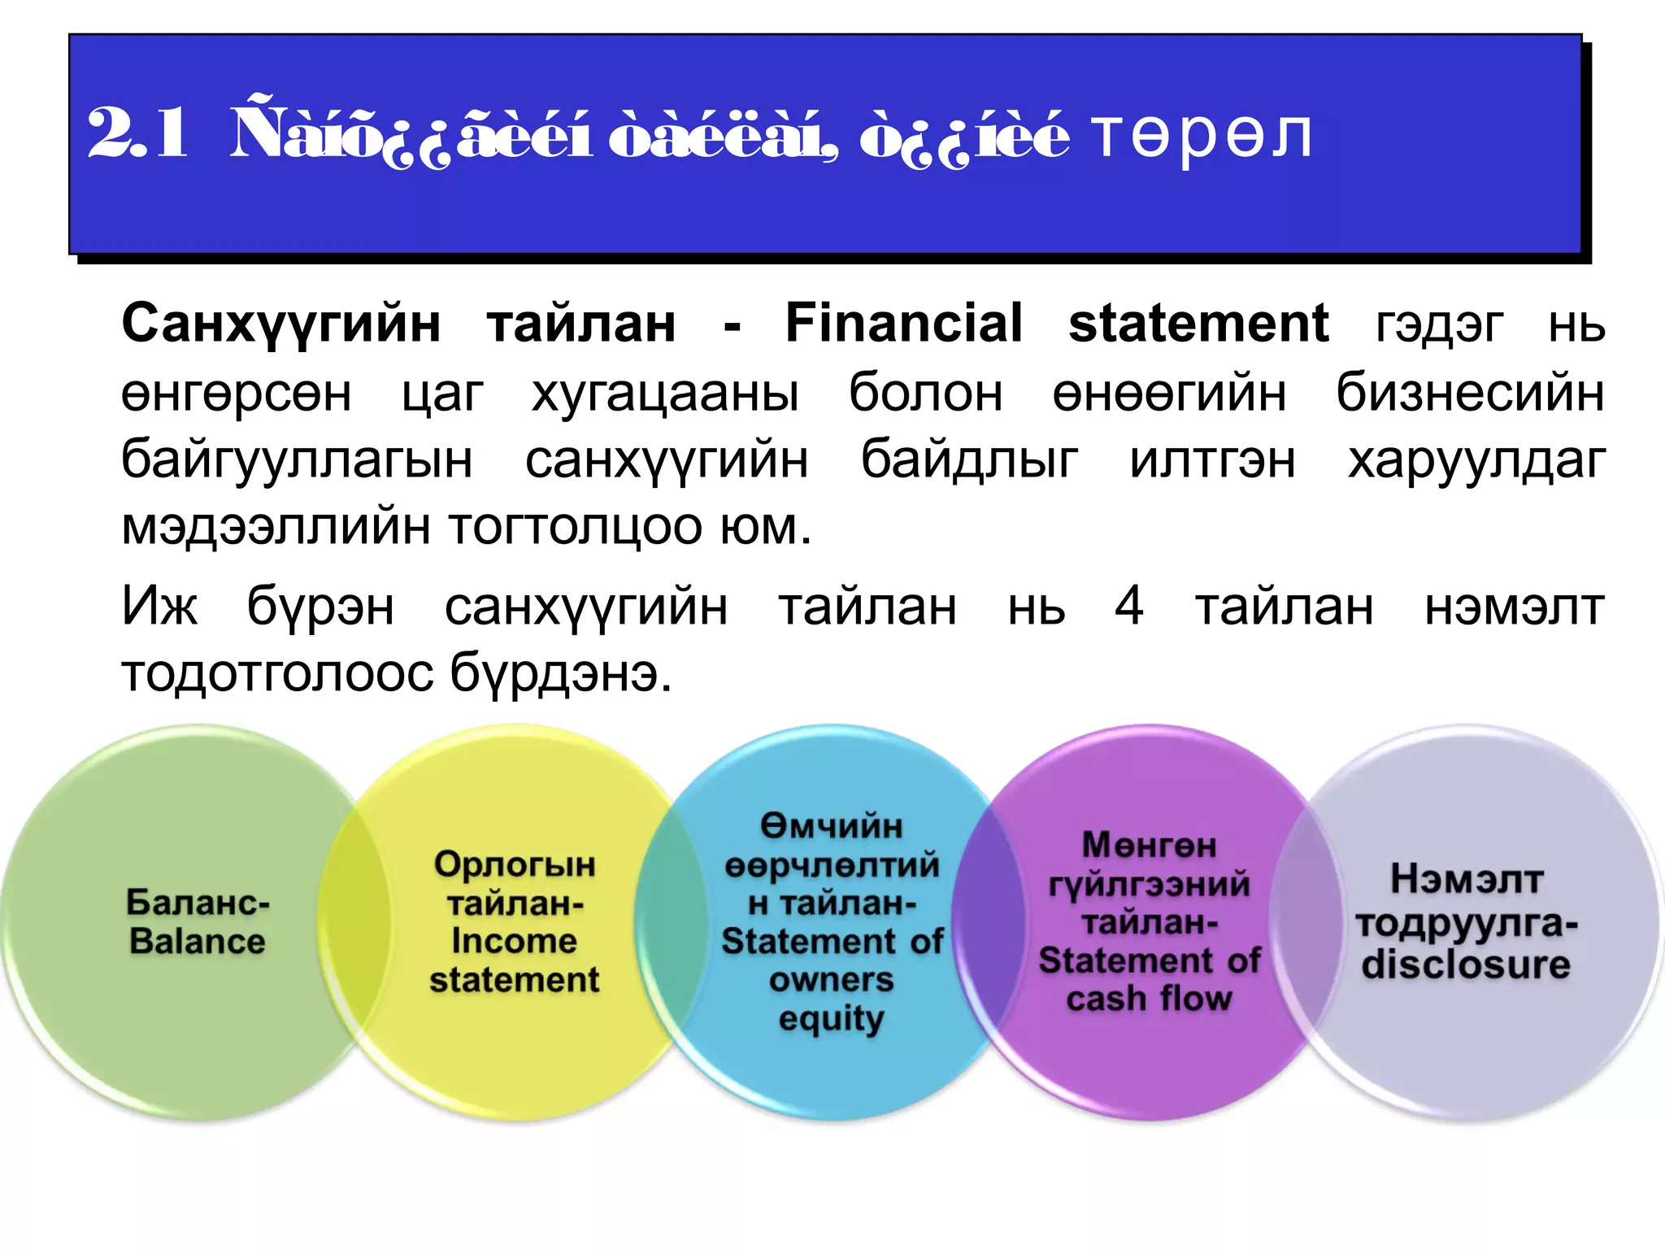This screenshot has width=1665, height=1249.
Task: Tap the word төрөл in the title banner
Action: tap(1202, 134)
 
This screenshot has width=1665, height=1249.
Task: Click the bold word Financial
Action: tap(903, 323)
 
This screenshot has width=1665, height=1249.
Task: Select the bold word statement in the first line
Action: tap(1198, 323)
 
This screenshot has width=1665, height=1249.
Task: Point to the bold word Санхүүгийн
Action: tap(281, 324)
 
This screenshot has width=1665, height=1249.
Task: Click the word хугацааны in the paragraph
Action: tap(665, 393)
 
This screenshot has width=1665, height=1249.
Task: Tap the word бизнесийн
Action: tap(1470, 393)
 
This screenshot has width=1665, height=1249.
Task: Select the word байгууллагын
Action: tap(297, 460)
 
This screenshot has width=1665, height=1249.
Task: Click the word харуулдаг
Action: tap(1476, 460)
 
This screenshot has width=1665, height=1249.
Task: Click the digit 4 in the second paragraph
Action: tap(1129, 606)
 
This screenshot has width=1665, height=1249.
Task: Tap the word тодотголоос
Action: tap(276, 674)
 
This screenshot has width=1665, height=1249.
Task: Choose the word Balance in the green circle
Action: tap(197, 942)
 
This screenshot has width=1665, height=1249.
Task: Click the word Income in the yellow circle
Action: tap(514, 941)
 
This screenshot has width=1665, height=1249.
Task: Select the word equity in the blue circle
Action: tap(831, 1019)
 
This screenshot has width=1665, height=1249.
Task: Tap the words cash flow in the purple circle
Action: tap(1149, 999)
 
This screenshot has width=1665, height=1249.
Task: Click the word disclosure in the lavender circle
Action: tap(1466, 964)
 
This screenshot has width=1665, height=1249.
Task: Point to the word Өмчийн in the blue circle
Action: tap(831, 826)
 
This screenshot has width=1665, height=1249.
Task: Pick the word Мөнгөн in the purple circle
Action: tap(1149, 846)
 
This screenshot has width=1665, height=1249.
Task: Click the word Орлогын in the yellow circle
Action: tap(514, 864)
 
